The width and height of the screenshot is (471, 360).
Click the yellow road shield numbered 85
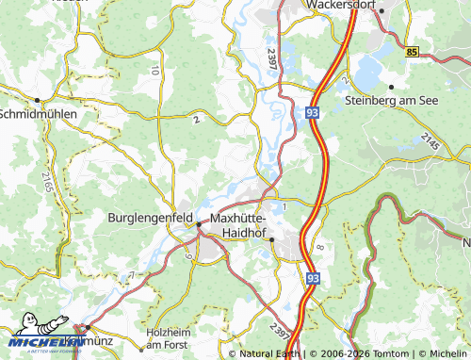(x=413, y=53)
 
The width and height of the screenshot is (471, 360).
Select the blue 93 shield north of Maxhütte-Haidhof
(x=312, y=111)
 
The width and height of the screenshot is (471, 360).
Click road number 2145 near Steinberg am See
(x=430, y=142)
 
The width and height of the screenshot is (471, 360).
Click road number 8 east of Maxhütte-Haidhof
(x=320, y=247)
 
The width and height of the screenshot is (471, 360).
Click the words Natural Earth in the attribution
(x=269, y=354)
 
